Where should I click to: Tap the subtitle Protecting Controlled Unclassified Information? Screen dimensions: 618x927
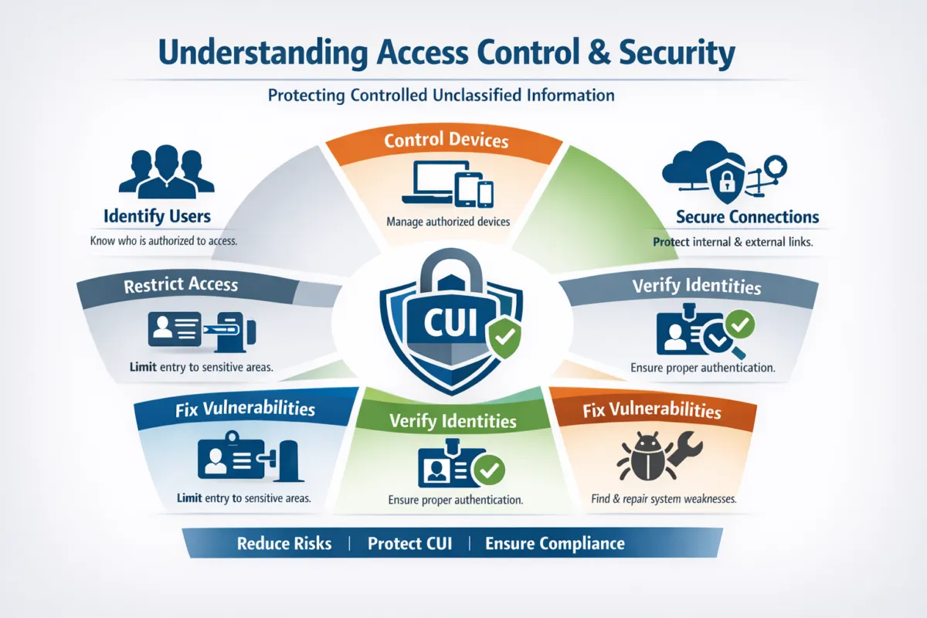[x=441, y=96]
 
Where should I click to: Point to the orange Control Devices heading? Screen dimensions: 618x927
[x=446, y=141]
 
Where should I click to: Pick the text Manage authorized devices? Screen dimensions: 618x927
[x=447, y=222]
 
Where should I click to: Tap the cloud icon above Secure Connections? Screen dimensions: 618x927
[x=691, y=166]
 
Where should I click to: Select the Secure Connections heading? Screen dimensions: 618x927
[x=747, y=217]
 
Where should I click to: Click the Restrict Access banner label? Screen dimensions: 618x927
[x=181, y=285]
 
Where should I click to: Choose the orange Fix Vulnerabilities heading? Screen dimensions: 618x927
[x=652, y=409]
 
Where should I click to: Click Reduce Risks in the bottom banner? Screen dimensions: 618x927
[x=284, y=543]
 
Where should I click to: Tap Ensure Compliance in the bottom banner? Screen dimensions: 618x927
[x=555, y=543]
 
